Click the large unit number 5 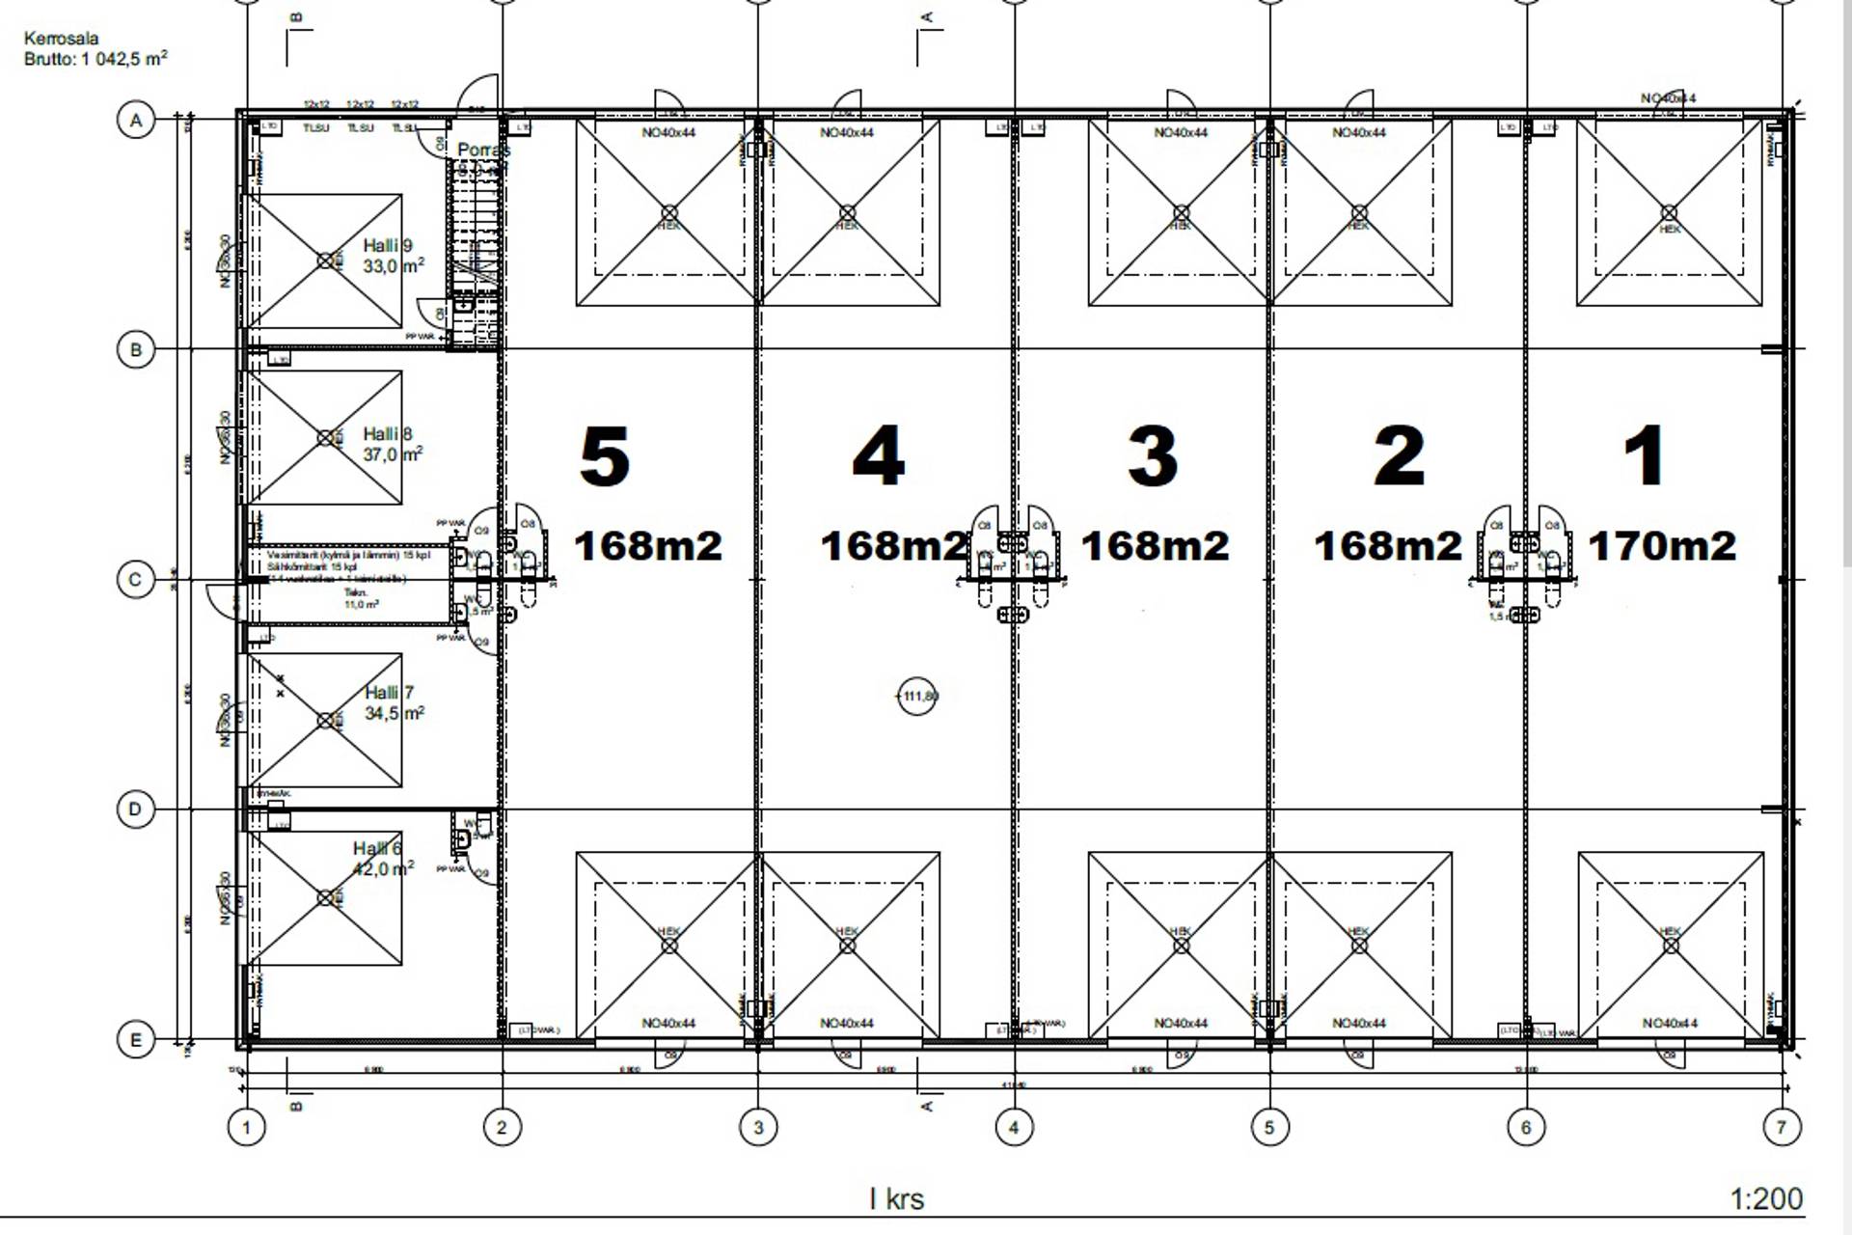point(605,456)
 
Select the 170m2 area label point(1662,546)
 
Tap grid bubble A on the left point(136,121)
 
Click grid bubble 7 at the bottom point(1781,1126)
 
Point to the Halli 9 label point(388,246)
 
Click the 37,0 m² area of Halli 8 point(393,454)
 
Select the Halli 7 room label point(389,693)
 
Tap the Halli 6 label point(377,849)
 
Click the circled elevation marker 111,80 point(917,696)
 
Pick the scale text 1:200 point(1766,1198)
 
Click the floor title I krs point(897,1199)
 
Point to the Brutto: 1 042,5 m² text point(95,59)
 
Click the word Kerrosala point(61,39)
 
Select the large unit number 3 point(1153,456)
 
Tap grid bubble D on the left point(136,809)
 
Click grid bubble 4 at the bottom point(1013,1126)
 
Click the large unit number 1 point(1645,456)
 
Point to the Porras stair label point(483,151)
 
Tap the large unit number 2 point(1400,456)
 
